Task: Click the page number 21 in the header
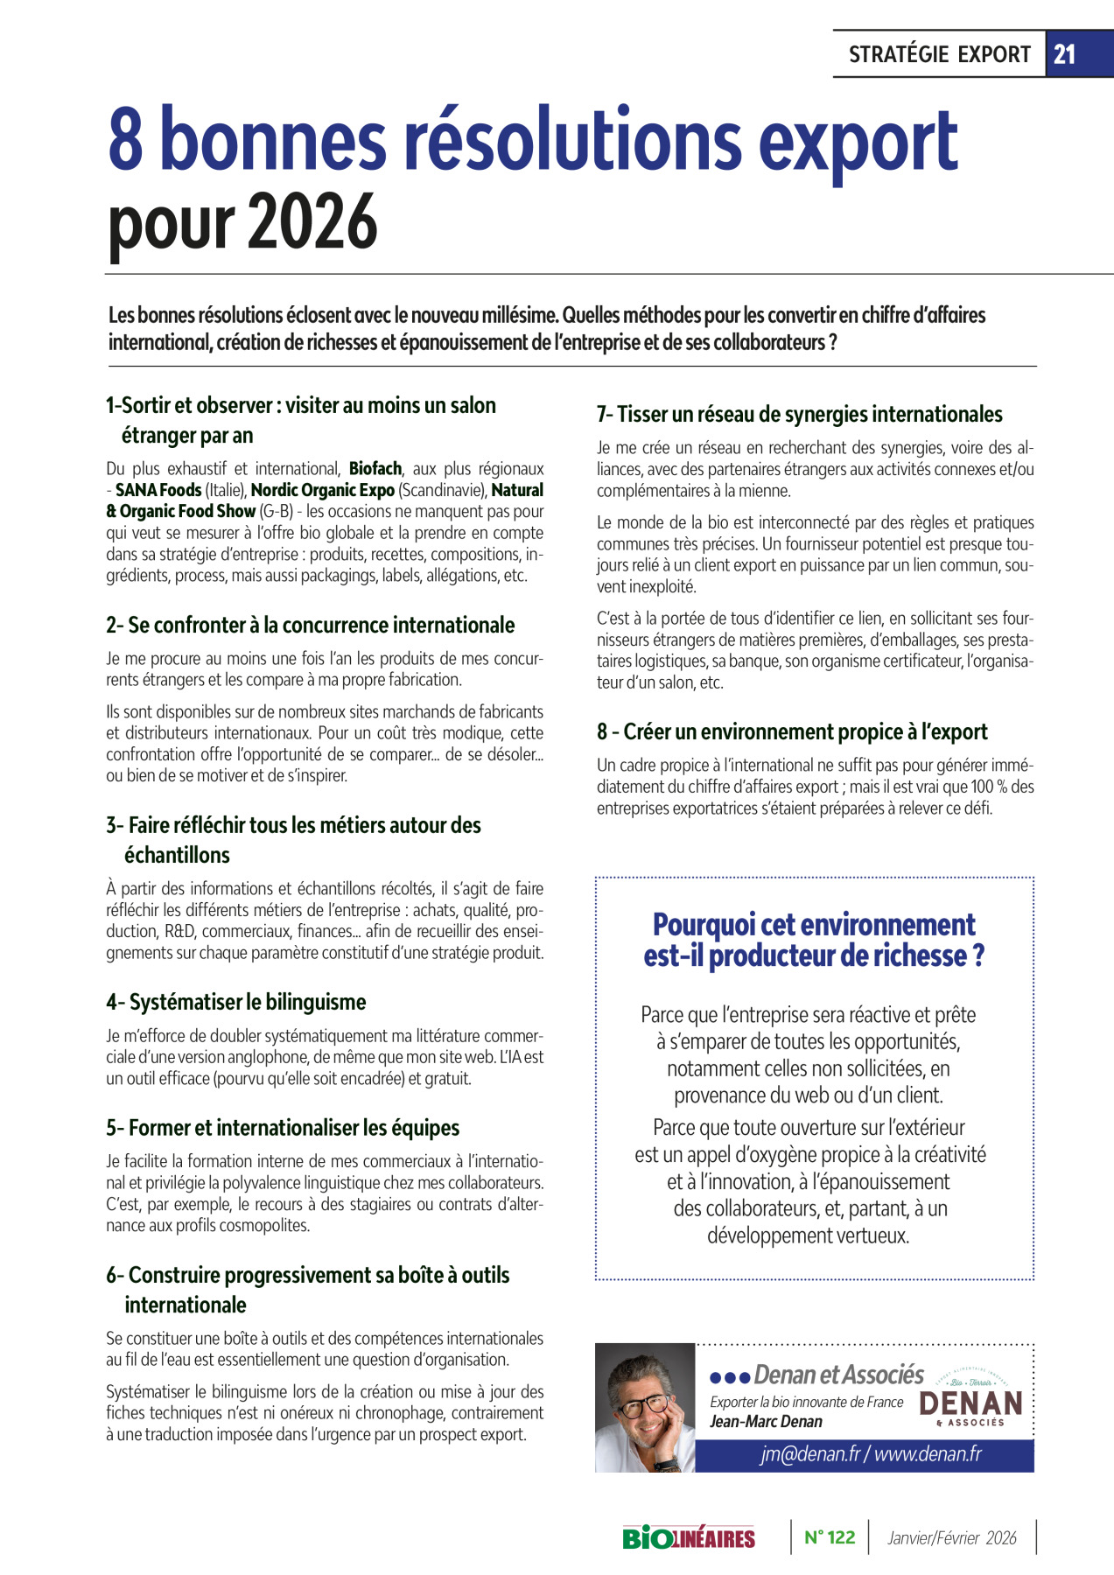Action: click(x=1064, y=54)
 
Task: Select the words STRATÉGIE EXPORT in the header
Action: click(x=939, y=54)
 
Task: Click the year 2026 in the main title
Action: click(x=312, y=222)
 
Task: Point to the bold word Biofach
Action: click(x=375, y=469)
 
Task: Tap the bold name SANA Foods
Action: click(x=158, y=490)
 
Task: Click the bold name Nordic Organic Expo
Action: click(x=322, y=490)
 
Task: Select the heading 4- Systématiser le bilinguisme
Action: click(x=236, y=1002)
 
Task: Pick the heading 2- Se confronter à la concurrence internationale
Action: click(x=311, y=625)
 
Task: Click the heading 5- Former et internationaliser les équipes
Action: click(x=283, y=1128)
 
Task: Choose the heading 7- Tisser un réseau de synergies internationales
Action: click(x=799, y=414)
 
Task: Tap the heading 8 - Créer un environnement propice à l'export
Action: click(x=792, y=731)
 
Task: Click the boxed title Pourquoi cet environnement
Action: click(x=814, y=925)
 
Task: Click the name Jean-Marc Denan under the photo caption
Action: click(x=766, y=1422)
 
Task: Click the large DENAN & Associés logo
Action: click(x=971, y=1404)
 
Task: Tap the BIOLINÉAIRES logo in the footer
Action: click(x=689, y=1537)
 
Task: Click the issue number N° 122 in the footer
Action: click(x=829, y=1537)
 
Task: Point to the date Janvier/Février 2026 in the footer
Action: click(x=952, y=1538)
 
